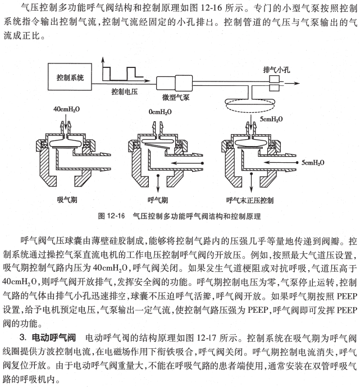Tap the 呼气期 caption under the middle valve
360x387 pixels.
[158, 199]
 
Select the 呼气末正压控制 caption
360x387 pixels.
[249, 199]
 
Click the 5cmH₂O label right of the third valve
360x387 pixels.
[313, 162]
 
